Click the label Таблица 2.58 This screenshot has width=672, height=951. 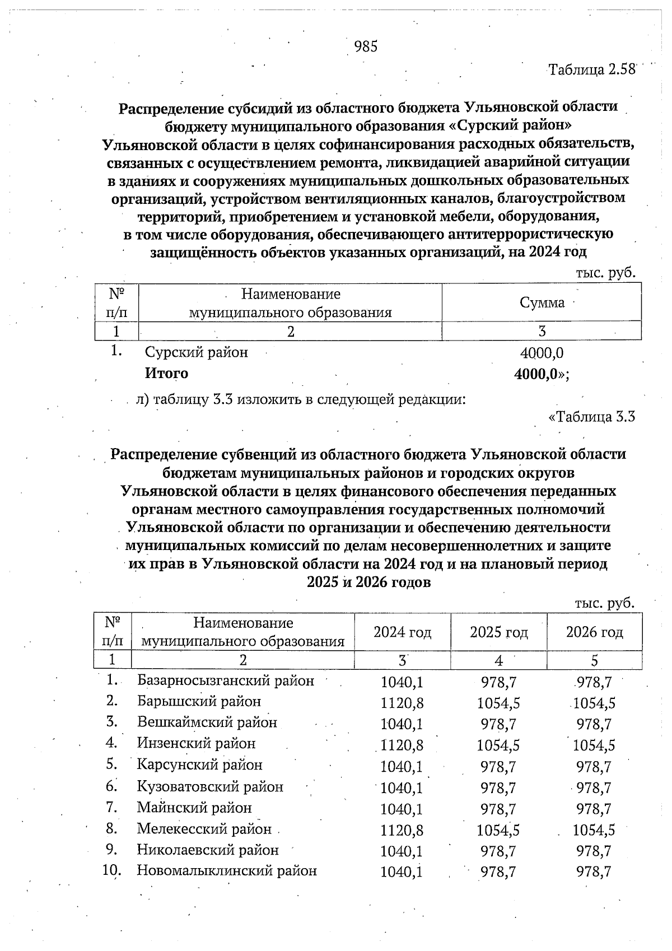[x=592, y=69]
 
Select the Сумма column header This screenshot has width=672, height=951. [x=542, y=302]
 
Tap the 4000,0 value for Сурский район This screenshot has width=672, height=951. [x=542, y=353]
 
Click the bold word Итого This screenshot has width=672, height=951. [x=166, y=373]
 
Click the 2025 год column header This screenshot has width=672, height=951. [x=498, y=632]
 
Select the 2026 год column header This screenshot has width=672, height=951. [x=594, y=632]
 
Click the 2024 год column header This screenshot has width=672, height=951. [x=402, y=632]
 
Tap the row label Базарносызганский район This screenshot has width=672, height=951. [x=226, y=681]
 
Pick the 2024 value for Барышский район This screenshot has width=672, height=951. [x=402, y=703]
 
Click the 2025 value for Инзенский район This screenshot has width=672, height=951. [x=498, y=745]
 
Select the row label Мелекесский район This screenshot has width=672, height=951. [x=204, y=829]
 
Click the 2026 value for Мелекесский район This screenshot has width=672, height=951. [x=594, y=830]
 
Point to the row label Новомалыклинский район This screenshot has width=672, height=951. [x=227, y=871]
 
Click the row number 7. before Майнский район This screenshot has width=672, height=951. [x=111, y=808]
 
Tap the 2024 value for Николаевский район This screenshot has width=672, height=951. [x=402, y=851]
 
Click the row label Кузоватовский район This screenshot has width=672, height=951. [x=210, y=787]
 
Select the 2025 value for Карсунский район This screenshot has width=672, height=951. [x=498, y=766]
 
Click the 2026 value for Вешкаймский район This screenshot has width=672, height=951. [x=594, y=724]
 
